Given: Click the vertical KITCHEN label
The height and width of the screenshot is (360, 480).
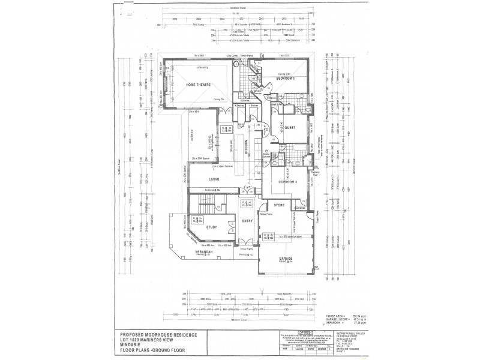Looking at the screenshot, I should tap(245, 147).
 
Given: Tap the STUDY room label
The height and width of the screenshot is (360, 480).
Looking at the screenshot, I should tap(211, 227).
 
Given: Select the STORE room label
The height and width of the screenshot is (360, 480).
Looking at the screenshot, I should tap(279, 205).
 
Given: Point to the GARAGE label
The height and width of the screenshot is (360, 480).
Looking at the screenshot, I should tap(286, 259).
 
